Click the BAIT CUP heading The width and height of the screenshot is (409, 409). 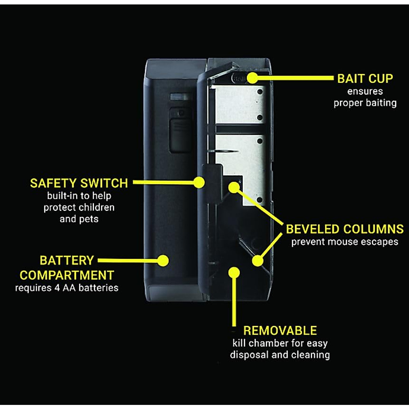tap(365, 78)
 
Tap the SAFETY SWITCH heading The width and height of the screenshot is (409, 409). tap(79, 183)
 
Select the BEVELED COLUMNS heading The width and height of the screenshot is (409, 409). tap(345, 229)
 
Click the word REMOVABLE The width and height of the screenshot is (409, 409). tap(280, 331)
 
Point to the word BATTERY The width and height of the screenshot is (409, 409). tap(67, 260)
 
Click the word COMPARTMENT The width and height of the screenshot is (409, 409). tap(67, 275)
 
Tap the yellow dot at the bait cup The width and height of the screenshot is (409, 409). tap(252, 78)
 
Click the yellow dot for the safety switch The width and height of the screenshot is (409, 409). tap(199, 182)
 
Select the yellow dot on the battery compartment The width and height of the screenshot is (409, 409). tap(163, 261)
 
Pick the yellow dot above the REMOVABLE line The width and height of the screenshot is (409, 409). tap(234, 272)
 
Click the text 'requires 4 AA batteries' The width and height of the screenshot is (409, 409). tap(67, 288)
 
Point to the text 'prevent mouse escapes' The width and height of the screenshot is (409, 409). tap(345, 242)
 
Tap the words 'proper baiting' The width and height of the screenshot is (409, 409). tap(365, 103)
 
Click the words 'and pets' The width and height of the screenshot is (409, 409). tap(79, 219)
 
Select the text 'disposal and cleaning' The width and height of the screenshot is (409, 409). tap(280, 355)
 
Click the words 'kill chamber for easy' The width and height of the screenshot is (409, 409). tap(280, 343)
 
